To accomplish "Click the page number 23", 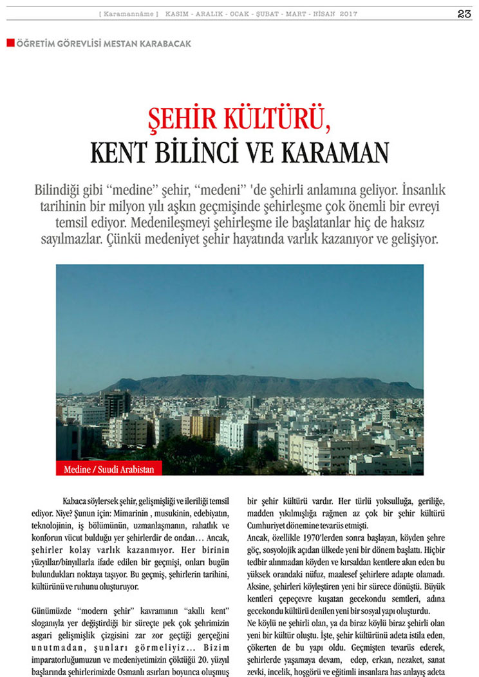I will (464, 14).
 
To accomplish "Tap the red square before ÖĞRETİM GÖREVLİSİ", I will (10, 43).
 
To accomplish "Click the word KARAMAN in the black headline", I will (333, 153).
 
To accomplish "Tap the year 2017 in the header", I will (349, 14).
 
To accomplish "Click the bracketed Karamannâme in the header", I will (129, 14).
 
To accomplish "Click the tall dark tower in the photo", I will (115, 405).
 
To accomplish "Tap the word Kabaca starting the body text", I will (75, 501).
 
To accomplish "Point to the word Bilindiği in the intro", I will (59, 191).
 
